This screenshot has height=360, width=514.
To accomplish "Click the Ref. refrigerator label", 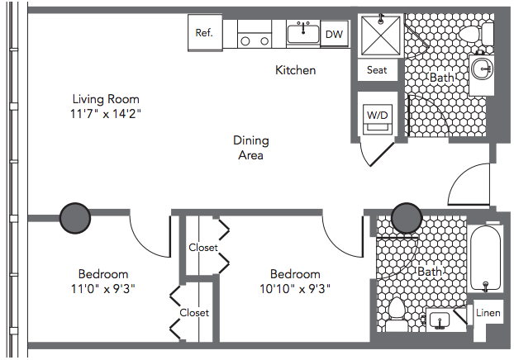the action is click(x=204, y=33).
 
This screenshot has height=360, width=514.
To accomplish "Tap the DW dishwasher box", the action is click(x=334, y=35).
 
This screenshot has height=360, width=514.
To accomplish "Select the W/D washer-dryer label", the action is click(x=378, y=115).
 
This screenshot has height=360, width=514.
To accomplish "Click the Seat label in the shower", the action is click(x=377, y=70).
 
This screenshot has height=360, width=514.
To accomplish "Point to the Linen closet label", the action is click(x=488, y=313).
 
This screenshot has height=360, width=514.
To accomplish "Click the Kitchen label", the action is click(x=295, y=70).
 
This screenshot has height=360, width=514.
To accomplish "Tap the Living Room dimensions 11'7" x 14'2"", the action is click(x=106, y=114).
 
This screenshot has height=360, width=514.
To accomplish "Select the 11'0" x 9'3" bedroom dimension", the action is click(x=103, y=289).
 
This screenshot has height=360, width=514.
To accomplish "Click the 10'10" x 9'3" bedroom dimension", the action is click(x=295, y=289).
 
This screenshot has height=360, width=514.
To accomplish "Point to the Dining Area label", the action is click(x=250, y=148).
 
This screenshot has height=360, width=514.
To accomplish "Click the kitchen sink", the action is click(x=303, y=34).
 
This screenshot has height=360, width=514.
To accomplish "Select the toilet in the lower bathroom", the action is click(x=397, y=314).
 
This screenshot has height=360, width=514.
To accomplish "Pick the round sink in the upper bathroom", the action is click(x=483, y=69).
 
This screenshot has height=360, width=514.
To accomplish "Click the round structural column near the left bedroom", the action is click(x=75, y=218).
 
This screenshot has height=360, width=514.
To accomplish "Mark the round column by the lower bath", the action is click(x=407, y=218).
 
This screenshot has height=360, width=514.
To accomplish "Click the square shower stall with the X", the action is click(x=381, y=36).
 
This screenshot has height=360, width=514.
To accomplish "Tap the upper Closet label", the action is click(x=203, y=248).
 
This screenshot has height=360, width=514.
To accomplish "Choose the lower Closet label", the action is click(x=194, y=313).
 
